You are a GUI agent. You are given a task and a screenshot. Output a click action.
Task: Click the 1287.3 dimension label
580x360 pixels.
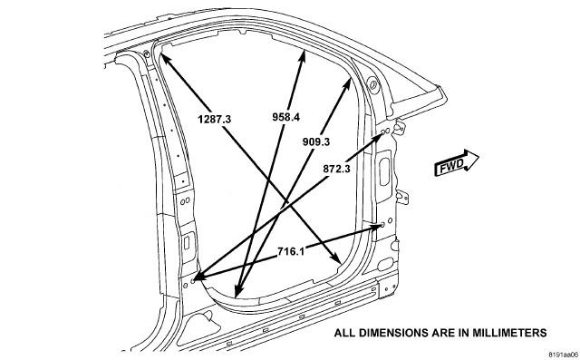[215, 119]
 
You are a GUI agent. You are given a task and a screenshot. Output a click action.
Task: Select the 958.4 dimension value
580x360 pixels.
[286, 117]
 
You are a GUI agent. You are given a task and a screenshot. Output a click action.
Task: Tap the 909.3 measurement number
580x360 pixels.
[316, 141]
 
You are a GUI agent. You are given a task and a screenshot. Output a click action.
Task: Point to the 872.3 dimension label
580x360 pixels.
[336, 169]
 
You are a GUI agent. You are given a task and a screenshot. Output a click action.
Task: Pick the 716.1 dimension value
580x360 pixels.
[291, 251]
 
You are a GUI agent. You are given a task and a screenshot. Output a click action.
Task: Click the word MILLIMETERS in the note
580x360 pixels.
[509, 333]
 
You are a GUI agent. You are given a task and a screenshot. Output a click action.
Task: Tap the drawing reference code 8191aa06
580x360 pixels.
[564, 354]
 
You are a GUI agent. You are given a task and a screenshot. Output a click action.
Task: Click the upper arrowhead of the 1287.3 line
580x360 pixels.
[165, 59]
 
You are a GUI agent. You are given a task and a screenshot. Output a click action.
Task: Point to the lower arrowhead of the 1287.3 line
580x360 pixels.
[336, 258]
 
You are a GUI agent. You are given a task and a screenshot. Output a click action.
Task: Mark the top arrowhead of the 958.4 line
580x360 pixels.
[302, 57]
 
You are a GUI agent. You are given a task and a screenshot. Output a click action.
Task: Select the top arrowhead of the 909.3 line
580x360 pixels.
[347, 84]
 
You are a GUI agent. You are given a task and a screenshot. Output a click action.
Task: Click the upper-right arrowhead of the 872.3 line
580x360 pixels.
[378, 138]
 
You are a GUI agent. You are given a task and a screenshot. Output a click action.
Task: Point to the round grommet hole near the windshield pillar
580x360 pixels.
[372, 84]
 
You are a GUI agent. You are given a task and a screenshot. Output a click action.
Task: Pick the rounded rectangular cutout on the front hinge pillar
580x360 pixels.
[384, 171]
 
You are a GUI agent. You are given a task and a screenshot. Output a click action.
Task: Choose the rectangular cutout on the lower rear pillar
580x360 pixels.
[187, 243]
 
